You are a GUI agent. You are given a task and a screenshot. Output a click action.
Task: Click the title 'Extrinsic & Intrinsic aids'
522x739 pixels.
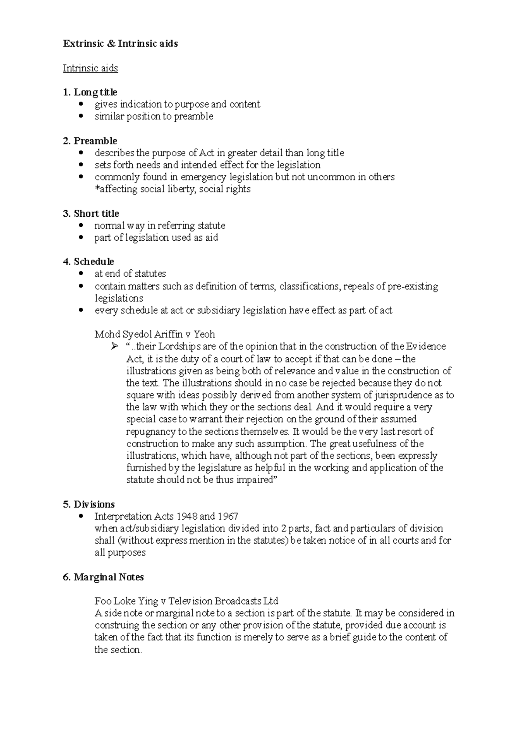(120, 44)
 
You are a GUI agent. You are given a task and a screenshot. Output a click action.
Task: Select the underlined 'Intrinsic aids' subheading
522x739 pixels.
(90, 68)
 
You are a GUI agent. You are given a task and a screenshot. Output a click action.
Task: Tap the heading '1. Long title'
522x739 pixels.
(90, 92)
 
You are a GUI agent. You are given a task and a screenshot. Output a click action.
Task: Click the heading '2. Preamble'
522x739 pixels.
(90, 141)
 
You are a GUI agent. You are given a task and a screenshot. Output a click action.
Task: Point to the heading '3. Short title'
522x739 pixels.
(91, 214)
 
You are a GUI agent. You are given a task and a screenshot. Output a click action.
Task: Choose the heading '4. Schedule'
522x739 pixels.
(88, 262)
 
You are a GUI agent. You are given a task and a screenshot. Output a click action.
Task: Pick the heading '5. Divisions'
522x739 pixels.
(89, 504)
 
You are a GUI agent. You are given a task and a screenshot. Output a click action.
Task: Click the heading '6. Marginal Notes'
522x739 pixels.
(103, 577)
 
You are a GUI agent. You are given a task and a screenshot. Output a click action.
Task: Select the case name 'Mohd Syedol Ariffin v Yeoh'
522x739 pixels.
(155, 334)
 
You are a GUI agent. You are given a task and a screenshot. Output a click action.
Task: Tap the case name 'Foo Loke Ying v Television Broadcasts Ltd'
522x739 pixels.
(186, 601)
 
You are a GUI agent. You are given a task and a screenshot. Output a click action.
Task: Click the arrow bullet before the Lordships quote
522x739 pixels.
(114, 347)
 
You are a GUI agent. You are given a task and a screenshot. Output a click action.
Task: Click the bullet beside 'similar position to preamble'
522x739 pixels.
(81, 117)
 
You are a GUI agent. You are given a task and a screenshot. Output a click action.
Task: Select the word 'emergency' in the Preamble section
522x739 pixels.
(204, 177)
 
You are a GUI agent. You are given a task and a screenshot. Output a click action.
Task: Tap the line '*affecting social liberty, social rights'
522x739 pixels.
(173, 189)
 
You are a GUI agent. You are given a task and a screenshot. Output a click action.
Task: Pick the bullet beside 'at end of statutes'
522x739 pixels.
(81, 274)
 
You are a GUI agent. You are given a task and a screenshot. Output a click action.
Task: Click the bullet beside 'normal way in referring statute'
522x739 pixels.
(81, 226)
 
